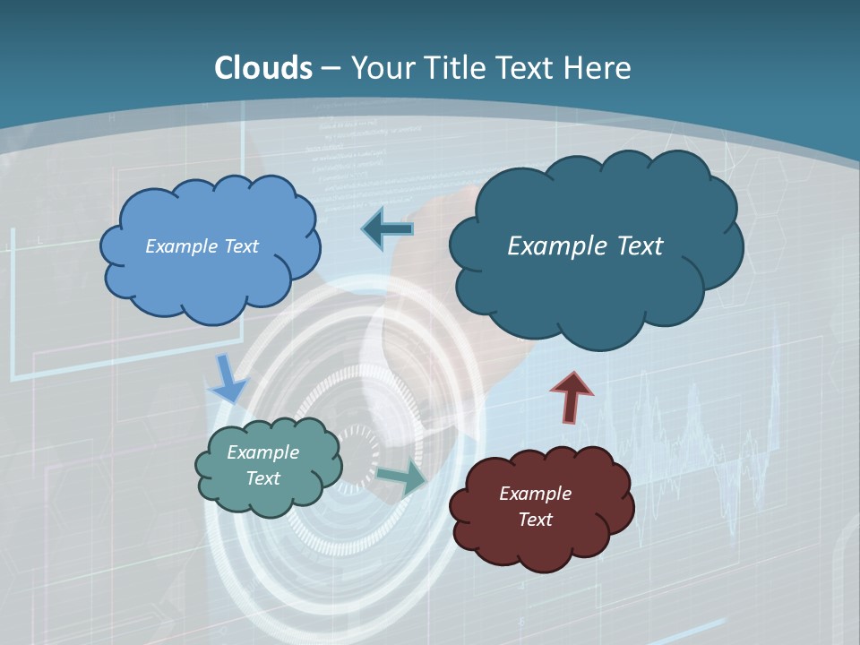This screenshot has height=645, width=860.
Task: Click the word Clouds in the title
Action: pyautogui.click(x=263, y=68)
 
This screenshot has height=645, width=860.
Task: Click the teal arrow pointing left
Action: pyautogui.click(x=387, y=229)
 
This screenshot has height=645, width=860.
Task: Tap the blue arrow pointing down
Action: pyautogui.click(x=228, y=378)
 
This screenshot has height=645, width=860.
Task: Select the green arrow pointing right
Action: pyautogui.click(x=401, y=477)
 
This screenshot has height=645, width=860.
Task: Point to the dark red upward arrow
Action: pyautogui.click(x=571, y=396)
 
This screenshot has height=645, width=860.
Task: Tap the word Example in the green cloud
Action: pyautogui.click(x=262, y=452)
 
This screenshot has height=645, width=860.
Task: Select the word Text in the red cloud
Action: pyautogui.click(x=535, y=520)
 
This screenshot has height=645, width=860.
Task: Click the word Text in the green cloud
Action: pyautogui.click(x=262, y=478)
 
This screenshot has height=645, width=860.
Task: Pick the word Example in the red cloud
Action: pyautogui.click(x=535, y=494)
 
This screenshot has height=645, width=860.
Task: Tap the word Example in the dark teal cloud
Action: pyautogui.click(x=548, y=246)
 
